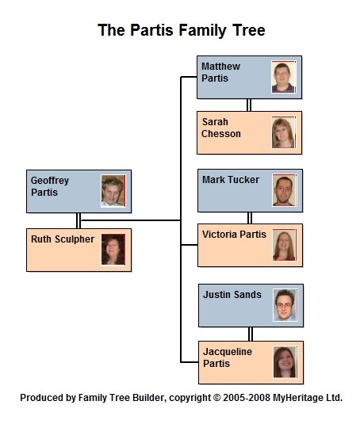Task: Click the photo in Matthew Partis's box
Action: [284, 77]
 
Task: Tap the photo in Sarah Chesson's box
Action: [284, 132]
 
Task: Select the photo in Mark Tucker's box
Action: [285, 190]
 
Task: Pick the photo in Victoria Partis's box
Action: [285, 245]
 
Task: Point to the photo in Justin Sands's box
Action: [285, 305]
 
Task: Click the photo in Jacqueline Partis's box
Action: [285, 362]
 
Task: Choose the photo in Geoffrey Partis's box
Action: [113, 191]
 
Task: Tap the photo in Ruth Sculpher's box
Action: [113, 250]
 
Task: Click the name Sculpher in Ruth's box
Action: [75, 239]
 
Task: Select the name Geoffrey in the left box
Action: [50, 181]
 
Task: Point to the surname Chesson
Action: [221, 134]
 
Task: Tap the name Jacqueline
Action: [228, 352]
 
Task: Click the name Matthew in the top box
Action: [220, 67]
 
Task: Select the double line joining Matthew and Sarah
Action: [249, 105]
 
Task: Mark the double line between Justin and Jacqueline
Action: [251, 334]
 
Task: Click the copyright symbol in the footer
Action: [216, 398]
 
